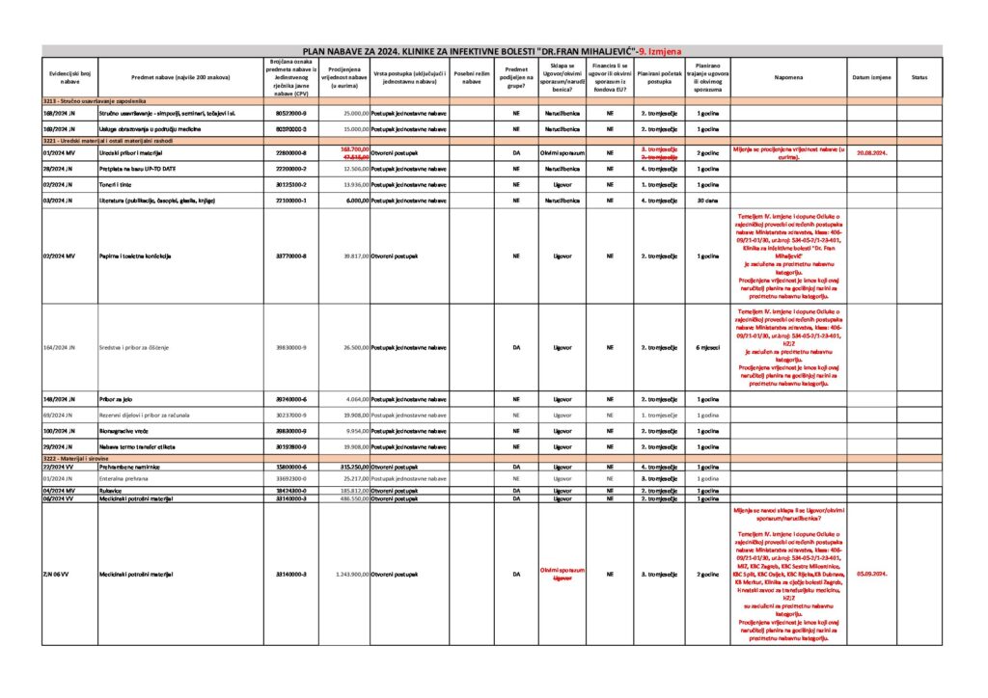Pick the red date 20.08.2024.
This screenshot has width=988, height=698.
[x=871, y=152]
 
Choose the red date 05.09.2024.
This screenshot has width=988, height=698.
[x=871, y=574]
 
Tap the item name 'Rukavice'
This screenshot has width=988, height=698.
[x=112, y=491]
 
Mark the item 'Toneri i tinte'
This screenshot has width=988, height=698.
[x=119, y=184]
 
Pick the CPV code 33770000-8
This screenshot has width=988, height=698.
[x=290, y=256]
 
